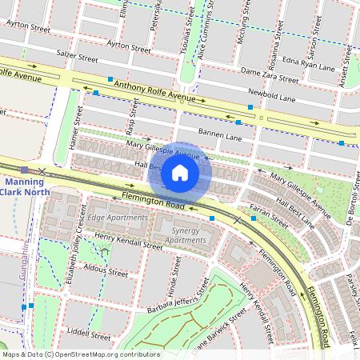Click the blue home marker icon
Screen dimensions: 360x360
tap(180, 172)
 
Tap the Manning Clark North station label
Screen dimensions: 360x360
tap(27, 186)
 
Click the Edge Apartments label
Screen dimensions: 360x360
tap(118, 218)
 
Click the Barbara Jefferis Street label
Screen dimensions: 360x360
tap(174, 295)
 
